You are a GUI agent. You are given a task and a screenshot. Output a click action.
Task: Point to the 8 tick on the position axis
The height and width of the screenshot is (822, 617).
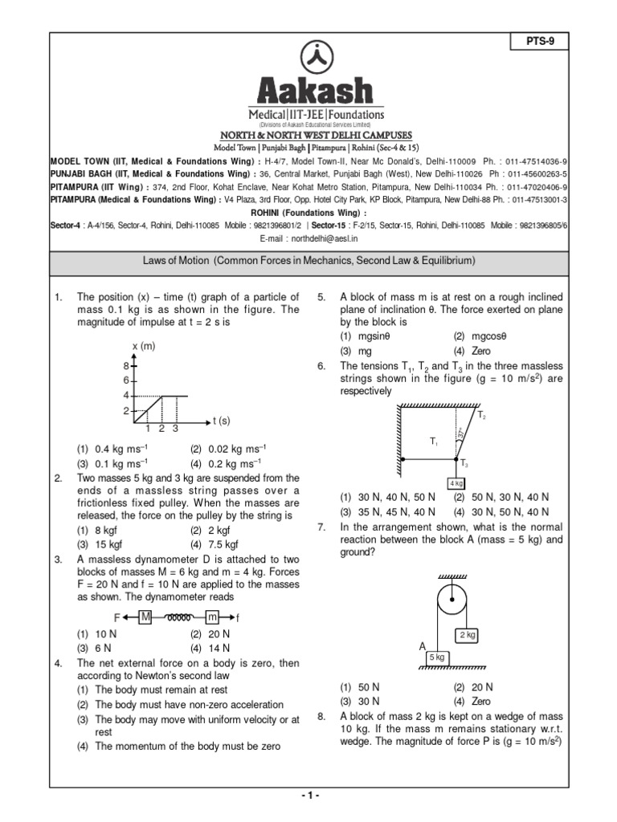pos(125,365)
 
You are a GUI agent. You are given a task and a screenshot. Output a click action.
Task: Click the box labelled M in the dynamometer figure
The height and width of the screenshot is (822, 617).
pos(146,617)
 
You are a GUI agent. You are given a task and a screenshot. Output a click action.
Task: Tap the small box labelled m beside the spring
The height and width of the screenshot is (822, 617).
pos(212,617)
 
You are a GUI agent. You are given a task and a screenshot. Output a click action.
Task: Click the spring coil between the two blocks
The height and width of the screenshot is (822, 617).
pos(178,617)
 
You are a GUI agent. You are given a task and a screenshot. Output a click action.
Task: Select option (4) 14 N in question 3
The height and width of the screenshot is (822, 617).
pos(210,648)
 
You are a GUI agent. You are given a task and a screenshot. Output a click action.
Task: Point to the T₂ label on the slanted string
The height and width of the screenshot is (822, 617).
pos(482,416)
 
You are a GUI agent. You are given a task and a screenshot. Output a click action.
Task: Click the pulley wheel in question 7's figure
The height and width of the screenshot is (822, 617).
pos(451,597)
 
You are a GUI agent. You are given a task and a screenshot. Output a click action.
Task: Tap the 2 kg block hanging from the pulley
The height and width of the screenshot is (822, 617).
pos(468,635)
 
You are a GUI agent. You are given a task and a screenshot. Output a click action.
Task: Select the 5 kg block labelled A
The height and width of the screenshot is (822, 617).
pos(437,657)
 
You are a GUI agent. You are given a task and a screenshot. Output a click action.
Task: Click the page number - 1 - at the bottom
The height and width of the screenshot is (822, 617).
pos(309,795)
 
